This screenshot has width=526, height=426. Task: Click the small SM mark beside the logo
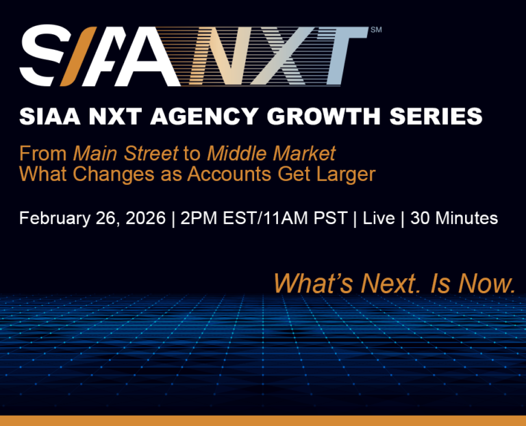coord(375,30)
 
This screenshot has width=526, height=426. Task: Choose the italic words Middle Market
coord(271,152)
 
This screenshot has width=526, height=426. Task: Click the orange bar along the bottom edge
coord(263,421)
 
